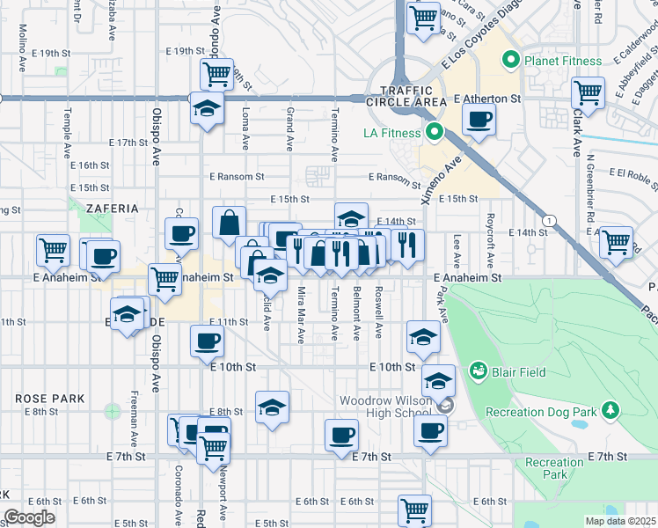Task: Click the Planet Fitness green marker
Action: coord(508,61)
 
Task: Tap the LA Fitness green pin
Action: coord(433,133)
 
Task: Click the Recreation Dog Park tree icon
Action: coord(609,411)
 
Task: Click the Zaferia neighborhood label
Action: coord(113,209)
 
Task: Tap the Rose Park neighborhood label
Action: coord(49,399)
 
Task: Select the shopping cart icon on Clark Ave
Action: coord(588,92)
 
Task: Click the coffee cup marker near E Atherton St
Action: coord(479,120)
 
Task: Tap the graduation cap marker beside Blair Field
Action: coord(437,381)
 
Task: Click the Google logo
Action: coord(30,517)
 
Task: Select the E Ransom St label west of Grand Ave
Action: coord(237,177)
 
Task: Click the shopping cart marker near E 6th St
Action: coord(413,510)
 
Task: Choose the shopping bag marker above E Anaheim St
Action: coord(229,223)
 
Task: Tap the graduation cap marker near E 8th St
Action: coord(273,407)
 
